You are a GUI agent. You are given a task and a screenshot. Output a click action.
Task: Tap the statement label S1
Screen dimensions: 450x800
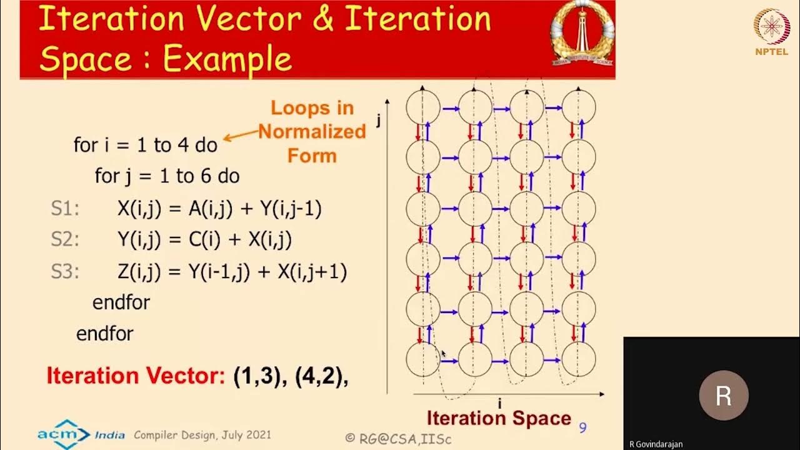pos(65,209)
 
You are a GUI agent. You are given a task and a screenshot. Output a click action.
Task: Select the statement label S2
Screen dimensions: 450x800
pos(65,240)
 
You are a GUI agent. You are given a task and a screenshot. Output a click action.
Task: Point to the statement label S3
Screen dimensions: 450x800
pos(65,272)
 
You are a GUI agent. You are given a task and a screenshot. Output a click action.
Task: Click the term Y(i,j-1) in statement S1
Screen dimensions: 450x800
pos(291,209)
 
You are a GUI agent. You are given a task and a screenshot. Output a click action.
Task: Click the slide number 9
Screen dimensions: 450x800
pos(582,427)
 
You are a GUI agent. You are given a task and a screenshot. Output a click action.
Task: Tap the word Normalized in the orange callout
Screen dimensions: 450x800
pos(312,132)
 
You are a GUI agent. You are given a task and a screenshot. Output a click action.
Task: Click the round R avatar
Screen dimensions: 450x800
pos(723,396)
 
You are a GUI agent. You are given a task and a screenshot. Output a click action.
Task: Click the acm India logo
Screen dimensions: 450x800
pos(81,434)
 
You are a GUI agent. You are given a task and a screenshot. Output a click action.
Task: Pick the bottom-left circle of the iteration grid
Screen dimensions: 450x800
pos(423,359)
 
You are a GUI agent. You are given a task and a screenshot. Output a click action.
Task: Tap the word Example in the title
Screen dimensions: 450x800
pos(227,60)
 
